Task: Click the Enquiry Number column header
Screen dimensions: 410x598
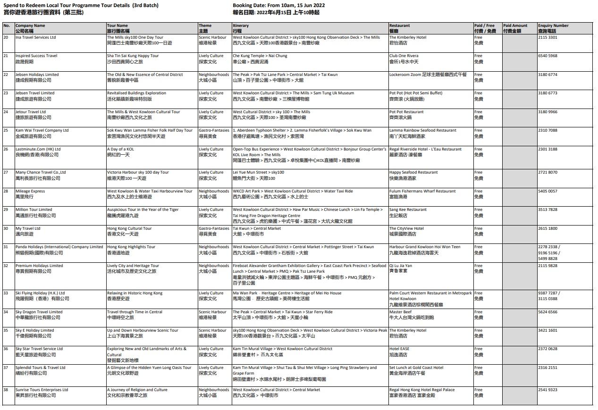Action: pos(553,26)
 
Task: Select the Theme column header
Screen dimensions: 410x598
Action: pos(205,26)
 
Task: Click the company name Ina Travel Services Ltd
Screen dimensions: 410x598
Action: pos(35,37)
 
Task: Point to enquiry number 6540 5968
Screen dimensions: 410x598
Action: pos(547,56)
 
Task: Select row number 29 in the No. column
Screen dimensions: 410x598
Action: pos(6,209)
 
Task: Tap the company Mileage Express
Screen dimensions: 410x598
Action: pos(30,191)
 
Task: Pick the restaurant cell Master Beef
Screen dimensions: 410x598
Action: pos(400,312)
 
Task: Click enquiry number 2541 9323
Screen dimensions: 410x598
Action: pos(547,390)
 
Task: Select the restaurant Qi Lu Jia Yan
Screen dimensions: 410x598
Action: pos(400,266)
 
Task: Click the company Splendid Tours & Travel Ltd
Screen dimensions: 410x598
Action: pos(40,368)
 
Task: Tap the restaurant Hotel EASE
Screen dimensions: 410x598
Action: pos(399,349)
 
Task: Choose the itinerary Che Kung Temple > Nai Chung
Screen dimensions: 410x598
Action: pos(260,56)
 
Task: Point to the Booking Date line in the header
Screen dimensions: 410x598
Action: pos(278,6)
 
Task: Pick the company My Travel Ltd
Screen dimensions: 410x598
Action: pos(28,228)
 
